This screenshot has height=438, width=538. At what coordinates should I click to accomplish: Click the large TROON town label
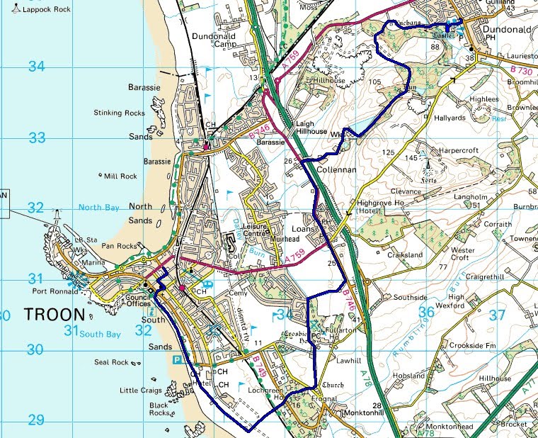(55, 314)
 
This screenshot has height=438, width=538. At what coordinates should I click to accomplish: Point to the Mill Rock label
(120, 176)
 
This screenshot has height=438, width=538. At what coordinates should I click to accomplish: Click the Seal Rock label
(112, 363)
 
